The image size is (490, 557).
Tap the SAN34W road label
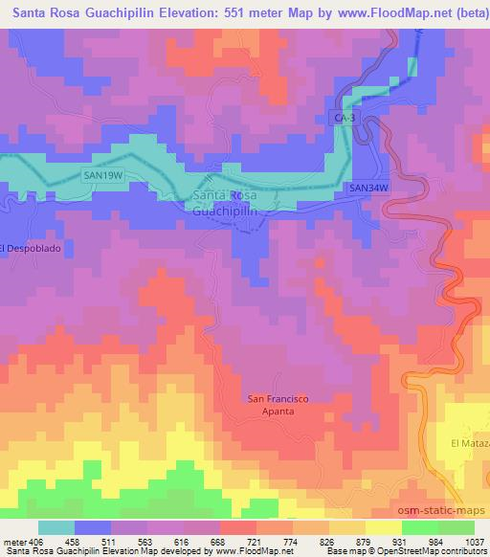[368, 188]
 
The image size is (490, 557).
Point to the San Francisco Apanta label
[278, 404]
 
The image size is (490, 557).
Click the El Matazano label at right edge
[469, 444]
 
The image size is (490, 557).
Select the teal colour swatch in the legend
[56, 527]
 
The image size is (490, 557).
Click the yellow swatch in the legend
[384, 527]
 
